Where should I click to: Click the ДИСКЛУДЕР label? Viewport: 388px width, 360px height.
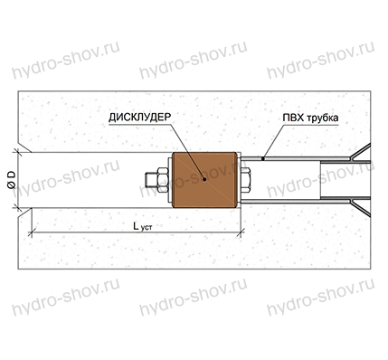pos(139,118)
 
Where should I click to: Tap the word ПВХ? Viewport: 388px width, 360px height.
pos(293,118)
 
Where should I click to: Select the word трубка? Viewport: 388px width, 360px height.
pos(323,118)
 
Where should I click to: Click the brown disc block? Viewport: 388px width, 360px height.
pos(204,180)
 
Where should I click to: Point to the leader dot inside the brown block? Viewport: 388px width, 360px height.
pos(204,179)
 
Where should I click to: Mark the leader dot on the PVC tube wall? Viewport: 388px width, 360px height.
pos(263,158)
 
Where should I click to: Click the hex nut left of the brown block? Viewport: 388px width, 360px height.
pos(163,180)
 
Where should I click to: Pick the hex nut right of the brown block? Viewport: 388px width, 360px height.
pos(245,180)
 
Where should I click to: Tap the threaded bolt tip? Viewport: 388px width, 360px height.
pos(151,180)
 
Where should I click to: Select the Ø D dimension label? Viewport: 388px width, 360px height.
pos(12,180)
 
